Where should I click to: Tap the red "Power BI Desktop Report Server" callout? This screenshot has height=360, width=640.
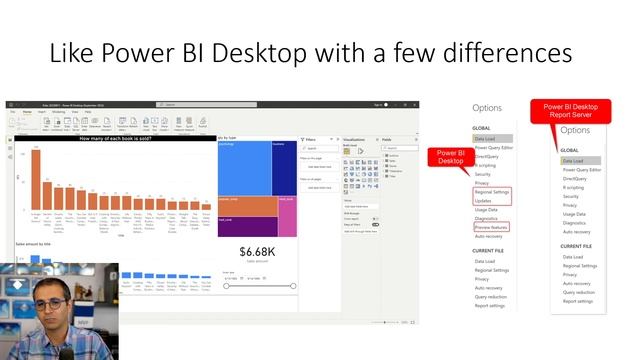click(570, 110)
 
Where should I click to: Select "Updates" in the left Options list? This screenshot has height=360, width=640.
click(483, 201)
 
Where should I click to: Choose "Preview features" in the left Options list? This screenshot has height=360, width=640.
click(491, 227)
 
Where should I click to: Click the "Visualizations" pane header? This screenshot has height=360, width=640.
click(355, 139)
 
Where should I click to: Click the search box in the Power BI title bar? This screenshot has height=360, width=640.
click(200, 104)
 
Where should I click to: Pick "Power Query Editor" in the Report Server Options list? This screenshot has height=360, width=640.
click(582, 170)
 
